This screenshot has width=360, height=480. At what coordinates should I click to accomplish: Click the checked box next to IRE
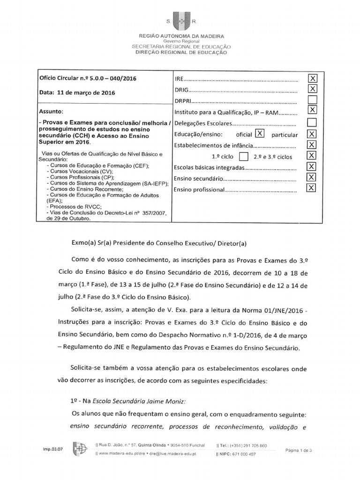click(x=312, y=78)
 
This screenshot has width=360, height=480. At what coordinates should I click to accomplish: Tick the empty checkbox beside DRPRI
click(x=312, y=100)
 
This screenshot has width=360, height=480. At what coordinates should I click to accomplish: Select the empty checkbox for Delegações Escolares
click(x=312, y=123)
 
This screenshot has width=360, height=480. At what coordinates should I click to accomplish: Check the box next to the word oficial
click(x=260, y=134)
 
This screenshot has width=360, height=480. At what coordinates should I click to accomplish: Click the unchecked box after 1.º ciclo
click(x=243, y=156)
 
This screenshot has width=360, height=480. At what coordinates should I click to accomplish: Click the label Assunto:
click(x=51, y=112)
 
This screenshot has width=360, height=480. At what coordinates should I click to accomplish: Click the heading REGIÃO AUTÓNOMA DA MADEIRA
click(x=181, y=36)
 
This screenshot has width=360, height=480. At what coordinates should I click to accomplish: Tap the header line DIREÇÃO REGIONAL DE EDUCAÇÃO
click(x=181, y=52)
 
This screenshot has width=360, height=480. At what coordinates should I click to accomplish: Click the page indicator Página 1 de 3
click(x=301, y=450)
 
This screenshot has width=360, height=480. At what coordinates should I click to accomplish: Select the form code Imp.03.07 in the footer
click(x=53, y=449)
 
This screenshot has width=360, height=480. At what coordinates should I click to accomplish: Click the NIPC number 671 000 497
click(x=243, y=454)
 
